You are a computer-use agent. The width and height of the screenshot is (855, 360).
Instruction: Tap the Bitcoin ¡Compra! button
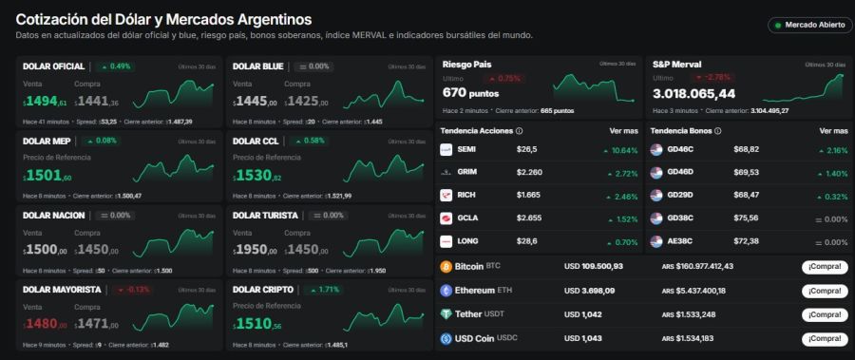(824, 267)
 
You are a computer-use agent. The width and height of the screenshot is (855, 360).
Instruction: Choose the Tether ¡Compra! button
(824, 314)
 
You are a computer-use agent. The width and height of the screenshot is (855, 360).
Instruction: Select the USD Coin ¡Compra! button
(824, 338)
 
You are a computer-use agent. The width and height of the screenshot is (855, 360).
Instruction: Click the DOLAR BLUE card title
(258, 66)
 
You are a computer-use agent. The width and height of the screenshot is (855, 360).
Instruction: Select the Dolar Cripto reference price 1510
(256, 324)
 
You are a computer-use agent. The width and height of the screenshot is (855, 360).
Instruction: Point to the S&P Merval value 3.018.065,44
(693, 93)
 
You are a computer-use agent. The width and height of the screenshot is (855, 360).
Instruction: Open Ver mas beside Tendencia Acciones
(623, 130)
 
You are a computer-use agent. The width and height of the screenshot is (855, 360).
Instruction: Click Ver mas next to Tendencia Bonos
(833, 130)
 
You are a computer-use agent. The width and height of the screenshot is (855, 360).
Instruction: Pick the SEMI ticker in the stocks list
(466, 149)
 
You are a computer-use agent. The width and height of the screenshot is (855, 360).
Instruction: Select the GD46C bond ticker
(680, 149)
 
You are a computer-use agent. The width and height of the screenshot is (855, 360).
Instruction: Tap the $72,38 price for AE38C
(746, 241)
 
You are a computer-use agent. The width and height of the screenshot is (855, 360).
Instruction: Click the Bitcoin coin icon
(446, 267)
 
